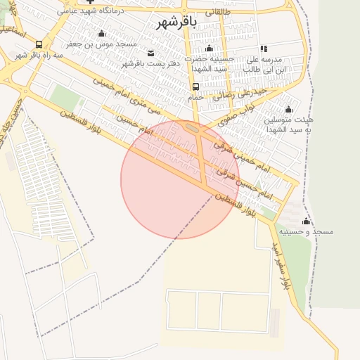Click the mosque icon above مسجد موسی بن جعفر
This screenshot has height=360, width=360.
point(101,33)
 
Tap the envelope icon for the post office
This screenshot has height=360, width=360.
point(151,53)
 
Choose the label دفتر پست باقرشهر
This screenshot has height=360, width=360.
point(151,63)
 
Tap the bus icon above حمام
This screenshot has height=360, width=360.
point(195,86)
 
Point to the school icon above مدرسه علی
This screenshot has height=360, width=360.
point(264,49)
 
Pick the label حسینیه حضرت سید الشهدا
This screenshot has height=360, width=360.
point(209,64)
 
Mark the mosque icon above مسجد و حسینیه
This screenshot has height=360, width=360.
point(306,221)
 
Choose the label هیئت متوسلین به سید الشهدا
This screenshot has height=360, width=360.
point(289,125)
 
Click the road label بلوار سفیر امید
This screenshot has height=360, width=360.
point(282,266)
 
